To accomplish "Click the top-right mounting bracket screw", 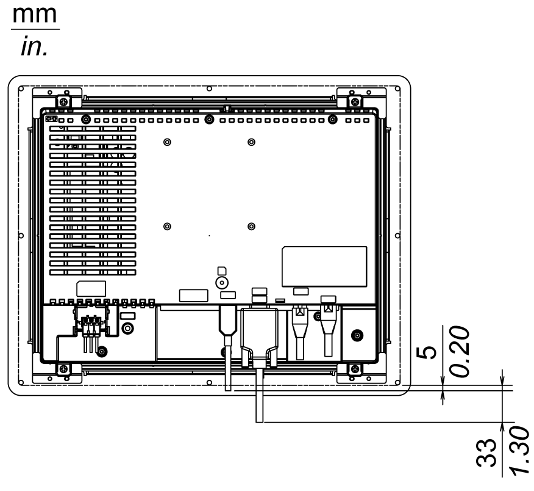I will (x=355, y=101).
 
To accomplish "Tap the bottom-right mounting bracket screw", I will (x=355, y=369).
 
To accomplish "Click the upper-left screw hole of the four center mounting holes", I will (x=167, y=142).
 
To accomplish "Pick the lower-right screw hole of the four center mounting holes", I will (x=251, y=227).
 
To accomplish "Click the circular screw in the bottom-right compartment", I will (x=357, y=334).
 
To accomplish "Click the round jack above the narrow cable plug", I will (x=222, y=282).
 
